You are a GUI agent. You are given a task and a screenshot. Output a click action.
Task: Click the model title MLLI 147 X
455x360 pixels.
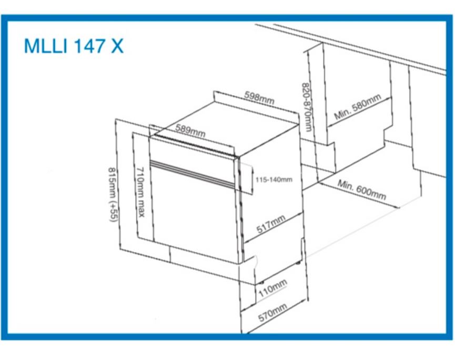tap(74, 46)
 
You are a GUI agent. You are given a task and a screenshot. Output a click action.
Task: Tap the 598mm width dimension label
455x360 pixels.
tap(259, 97)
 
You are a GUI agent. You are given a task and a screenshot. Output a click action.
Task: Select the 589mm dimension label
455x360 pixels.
tap(190, 131)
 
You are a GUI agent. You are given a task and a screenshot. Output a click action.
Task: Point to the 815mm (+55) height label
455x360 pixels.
tap(113, 194)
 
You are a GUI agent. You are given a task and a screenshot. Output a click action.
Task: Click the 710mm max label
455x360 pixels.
tap(140, 192)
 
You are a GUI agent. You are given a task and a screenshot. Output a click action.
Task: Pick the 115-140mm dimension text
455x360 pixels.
tap(274, 179)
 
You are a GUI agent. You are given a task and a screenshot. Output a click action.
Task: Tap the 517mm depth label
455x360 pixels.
tap(271, 224)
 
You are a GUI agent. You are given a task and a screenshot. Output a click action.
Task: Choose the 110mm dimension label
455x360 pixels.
tap(273, 288)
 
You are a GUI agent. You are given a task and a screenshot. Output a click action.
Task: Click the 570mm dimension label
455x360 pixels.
tap(273, 313)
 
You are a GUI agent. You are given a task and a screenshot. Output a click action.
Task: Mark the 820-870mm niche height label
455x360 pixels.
tap(307, 107)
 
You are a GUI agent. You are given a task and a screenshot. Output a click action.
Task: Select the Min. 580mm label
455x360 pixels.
tap(358, 106)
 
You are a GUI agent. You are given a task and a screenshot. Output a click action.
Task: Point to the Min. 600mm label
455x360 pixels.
tap(361, 189)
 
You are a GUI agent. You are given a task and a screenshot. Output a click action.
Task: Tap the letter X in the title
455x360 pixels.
tap(117, 46)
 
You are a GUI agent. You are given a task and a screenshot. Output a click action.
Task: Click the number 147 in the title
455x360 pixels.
tap(89, 46)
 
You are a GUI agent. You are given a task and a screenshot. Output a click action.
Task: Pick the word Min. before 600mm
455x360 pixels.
tap(345, 185)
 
